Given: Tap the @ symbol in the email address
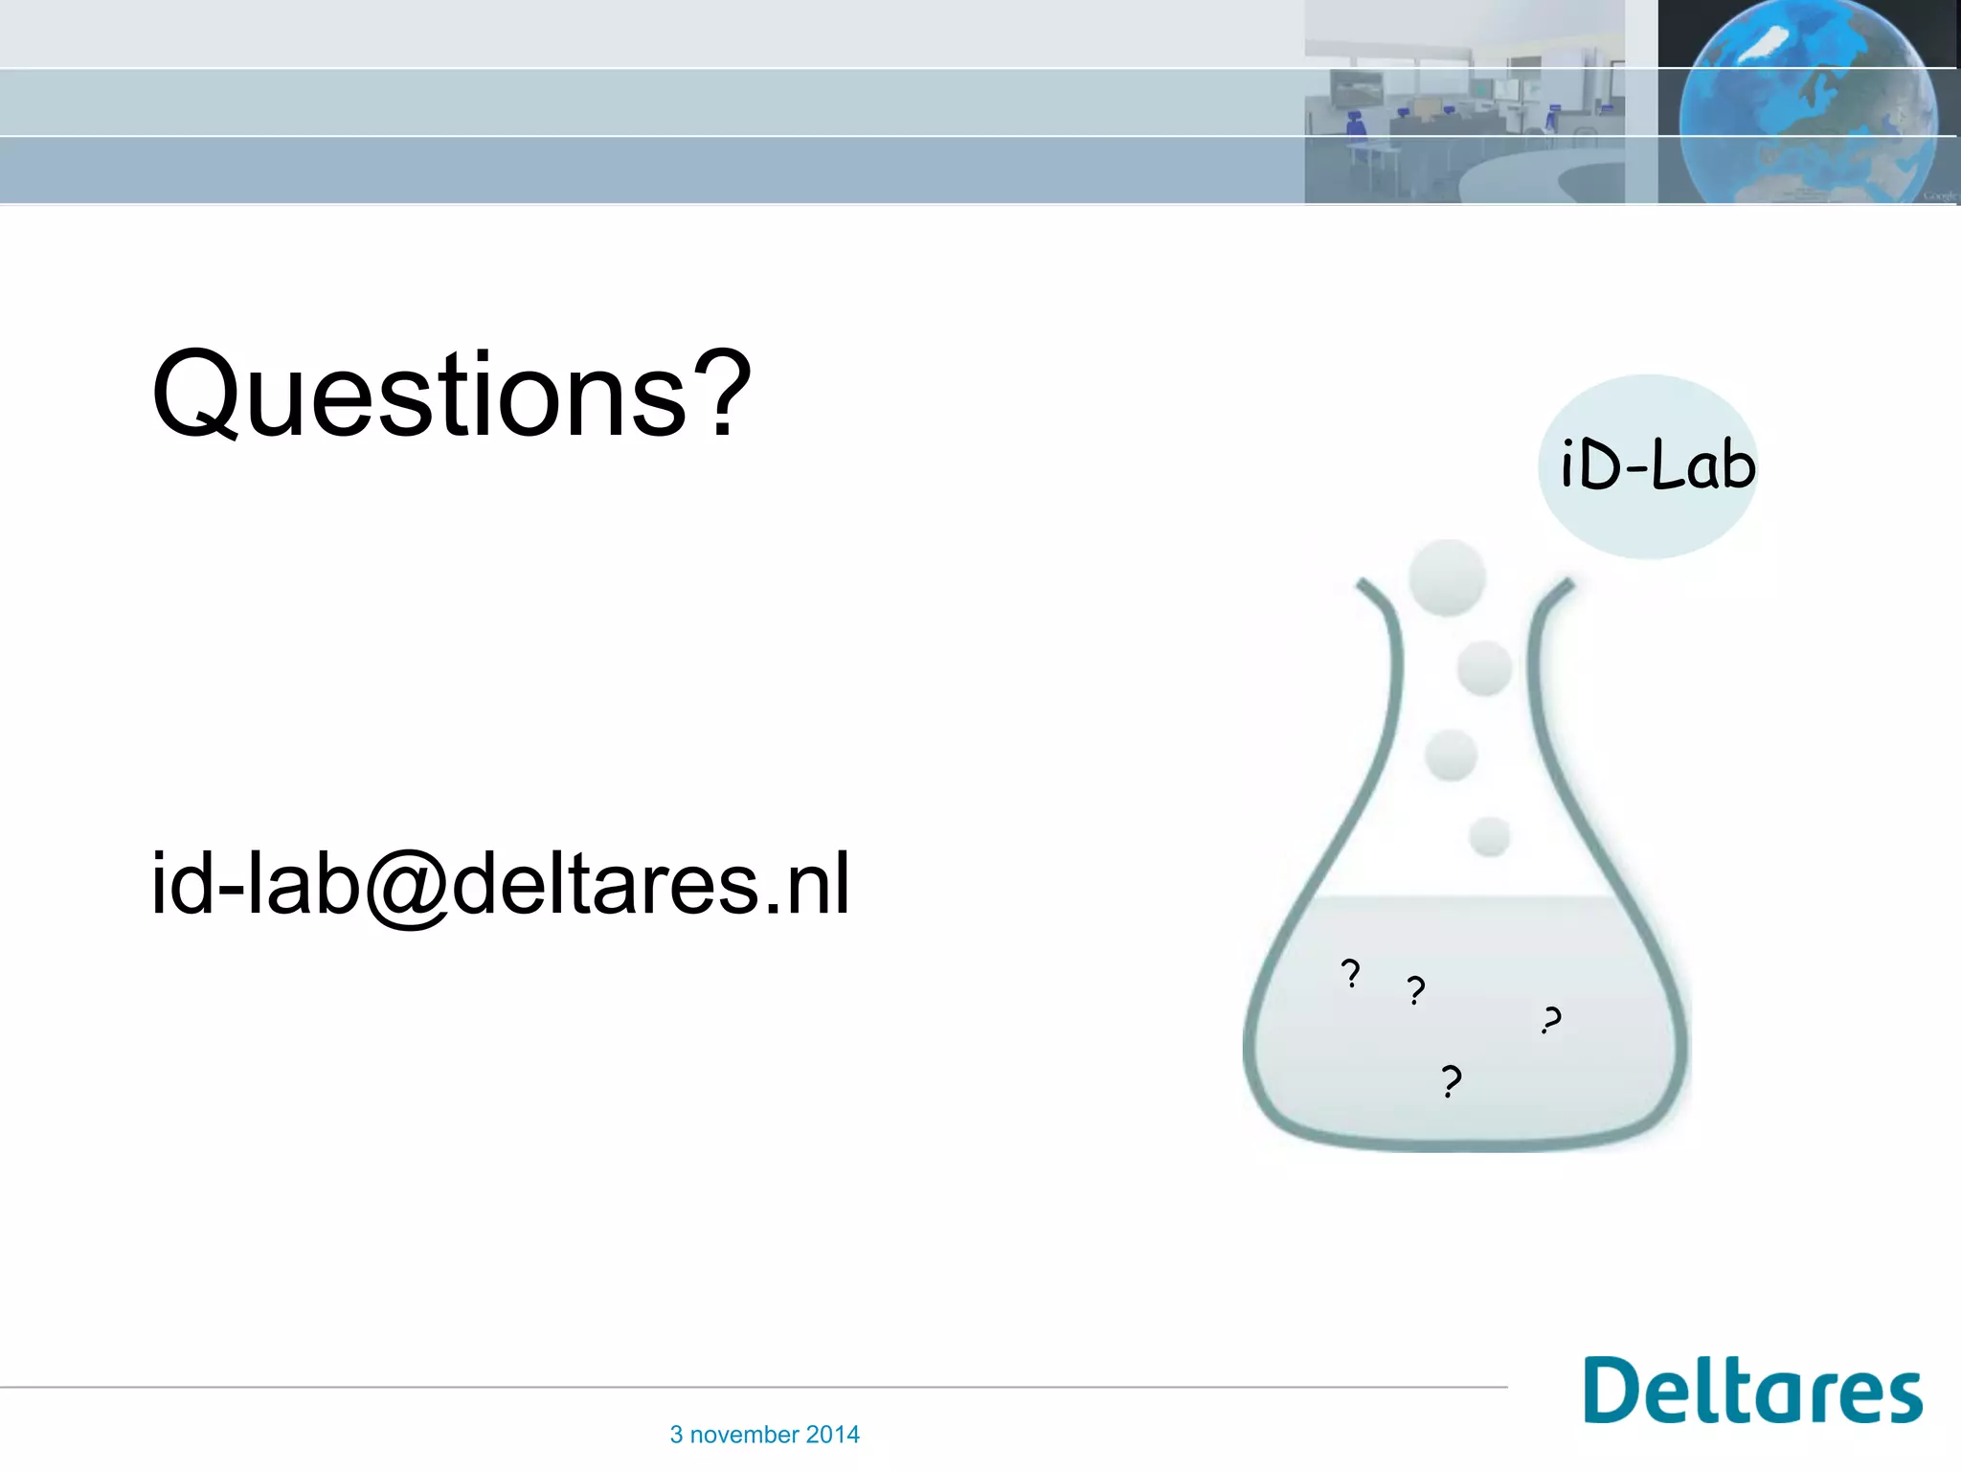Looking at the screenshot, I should [406, 886].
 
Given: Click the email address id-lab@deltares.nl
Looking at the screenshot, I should [500, 884].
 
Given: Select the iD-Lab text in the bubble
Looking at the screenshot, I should [1657, 466].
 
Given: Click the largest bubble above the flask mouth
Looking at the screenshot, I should [1447, 577].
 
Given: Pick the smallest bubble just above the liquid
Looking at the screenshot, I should [1489, 837].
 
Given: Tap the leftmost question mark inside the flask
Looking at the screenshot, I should [1350, 974].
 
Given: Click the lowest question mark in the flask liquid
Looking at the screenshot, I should [1452, 1082].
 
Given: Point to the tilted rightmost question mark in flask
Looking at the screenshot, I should [1551, 1020].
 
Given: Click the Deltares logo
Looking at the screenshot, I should [1752, 1391].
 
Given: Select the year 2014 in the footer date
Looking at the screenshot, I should [832, 1435].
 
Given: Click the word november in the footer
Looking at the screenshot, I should [744, 1435].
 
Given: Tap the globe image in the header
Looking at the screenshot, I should [1808, 102].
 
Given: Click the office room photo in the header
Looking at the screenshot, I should [1464, 102].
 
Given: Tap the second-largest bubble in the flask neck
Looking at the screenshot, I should [1484, 668].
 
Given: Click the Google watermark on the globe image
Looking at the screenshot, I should [1940, 195].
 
